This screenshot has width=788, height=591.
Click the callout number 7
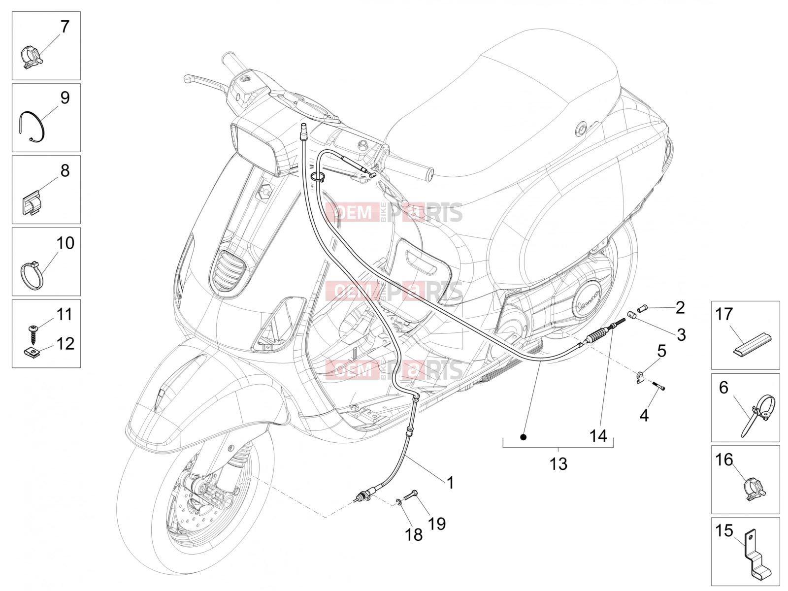tap(65, 27)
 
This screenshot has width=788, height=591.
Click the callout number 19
tap(436, 524)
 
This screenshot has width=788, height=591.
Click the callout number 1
tap(450, 483)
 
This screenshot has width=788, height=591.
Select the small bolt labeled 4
tap(657, 386)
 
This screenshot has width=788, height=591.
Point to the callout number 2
tap(680, 307)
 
